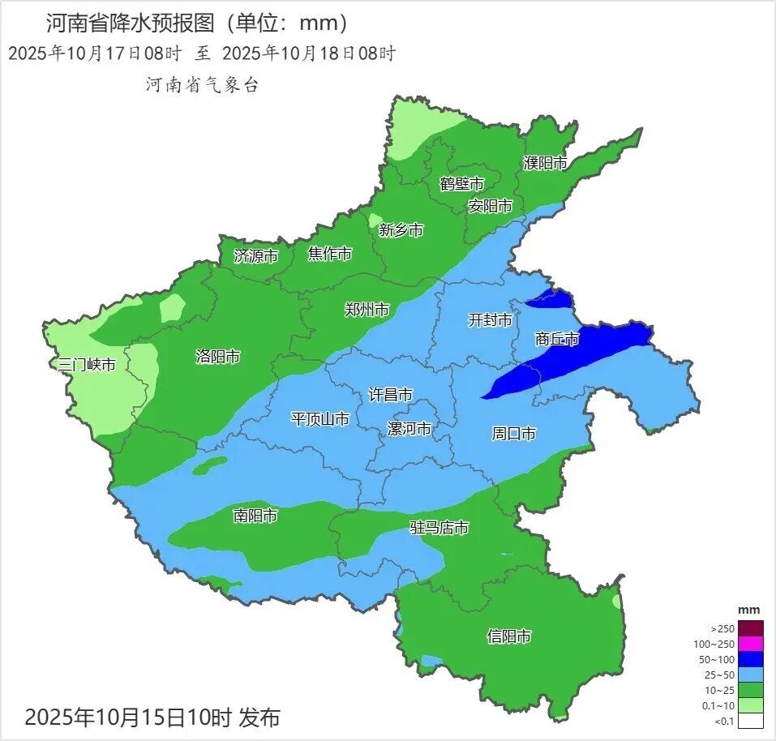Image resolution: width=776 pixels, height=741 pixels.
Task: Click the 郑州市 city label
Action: (x=367, y=310)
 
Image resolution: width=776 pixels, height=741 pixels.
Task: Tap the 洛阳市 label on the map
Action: (x=218, y=356)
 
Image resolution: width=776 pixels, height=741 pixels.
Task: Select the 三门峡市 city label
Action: (x=87, y=365)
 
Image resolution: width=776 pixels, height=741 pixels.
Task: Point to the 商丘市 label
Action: (x=558, y=339)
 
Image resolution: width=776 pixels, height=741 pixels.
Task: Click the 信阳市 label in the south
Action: (x=509, y=636)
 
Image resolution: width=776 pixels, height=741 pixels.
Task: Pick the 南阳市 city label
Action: (x=255, y=516)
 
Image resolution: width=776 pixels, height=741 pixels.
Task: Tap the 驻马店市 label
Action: (x=439, y=528)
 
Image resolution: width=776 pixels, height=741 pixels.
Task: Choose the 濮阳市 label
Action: (x=546, y=163)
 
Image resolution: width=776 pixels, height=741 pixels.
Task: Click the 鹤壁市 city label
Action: (x=461, y=184)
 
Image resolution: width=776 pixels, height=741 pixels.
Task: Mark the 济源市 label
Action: (x=255, y=256)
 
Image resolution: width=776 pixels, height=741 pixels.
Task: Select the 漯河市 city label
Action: (x=409, y=428)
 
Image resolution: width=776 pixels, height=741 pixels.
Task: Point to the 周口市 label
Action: (x=513, y=434)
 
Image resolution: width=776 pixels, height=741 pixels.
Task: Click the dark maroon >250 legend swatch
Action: (x=751, y=628)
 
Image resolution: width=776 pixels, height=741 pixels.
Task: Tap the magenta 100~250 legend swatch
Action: (x=751, y=644)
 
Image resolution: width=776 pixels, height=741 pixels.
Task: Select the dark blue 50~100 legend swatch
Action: (x=751, y=659)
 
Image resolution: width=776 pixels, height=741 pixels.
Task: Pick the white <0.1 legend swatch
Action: (x=751, y=721)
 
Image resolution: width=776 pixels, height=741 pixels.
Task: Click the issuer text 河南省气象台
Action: (x=202, y=85)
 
